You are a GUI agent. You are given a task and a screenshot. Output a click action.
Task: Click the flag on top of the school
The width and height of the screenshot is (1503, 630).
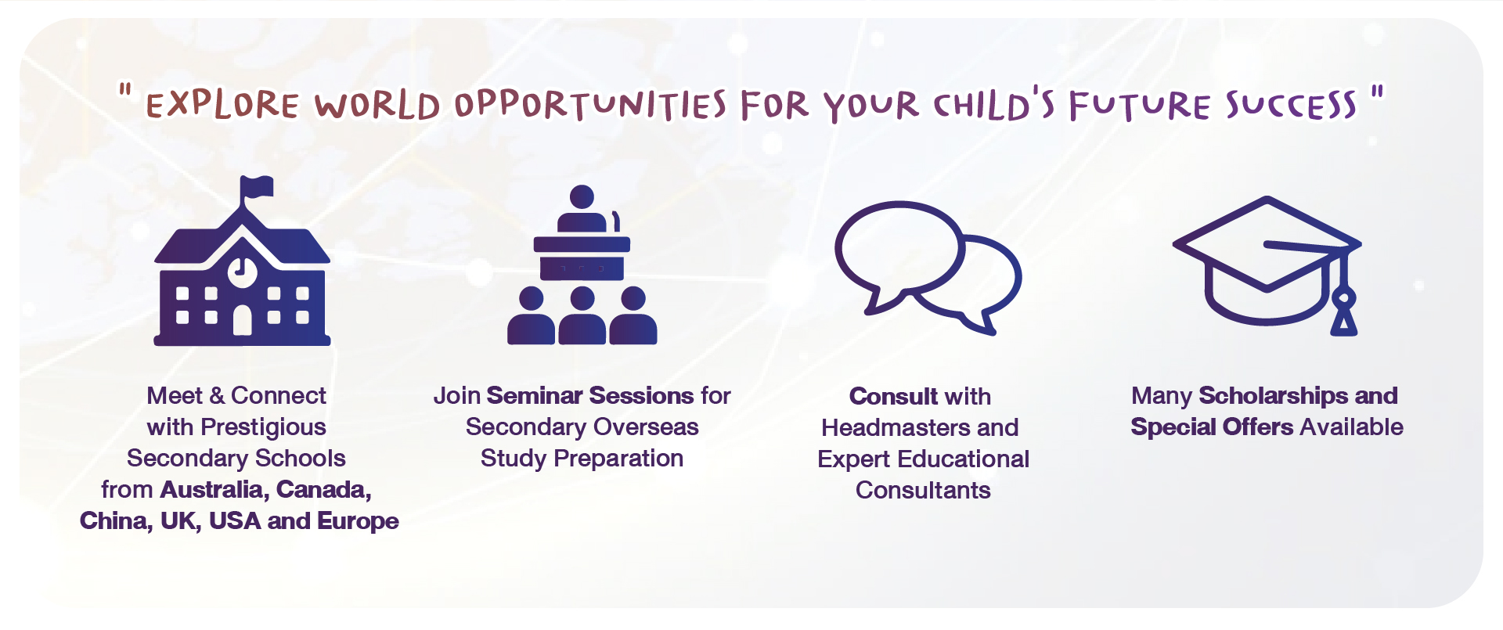pos(258,187)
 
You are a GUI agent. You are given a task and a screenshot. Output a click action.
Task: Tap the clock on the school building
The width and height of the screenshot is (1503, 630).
pos(243,271)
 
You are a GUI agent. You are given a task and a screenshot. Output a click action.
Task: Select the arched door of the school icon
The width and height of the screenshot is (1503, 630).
pos(243,320)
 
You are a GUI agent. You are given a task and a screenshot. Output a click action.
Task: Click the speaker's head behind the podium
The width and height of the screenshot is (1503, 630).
pos(582,196)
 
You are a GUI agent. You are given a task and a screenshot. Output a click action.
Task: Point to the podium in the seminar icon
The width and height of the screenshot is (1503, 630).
pos(582,257)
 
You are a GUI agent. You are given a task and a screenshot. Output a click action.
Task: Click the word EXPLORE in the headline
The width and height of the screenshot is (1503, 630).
pos(222,105)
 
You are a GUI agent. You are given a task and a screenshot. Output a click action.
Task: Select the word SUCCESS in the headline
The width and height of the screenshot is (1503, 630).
pos(1291,105)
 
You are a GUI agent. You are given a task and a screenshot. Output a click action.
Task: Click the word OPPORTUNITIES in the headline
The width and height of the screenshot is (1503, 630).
pos(591,105)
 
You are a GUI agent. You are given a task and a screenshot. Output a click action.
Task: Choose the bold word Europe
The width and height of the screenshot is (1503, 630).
pos(358,522)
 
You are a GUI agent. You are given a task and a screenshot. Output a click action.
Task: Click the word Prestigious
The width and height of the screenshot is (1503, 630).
pos(263,427)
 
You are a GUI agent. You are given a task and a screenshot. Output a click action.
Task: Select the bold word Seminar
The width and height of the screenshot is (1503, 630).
pos(535,396)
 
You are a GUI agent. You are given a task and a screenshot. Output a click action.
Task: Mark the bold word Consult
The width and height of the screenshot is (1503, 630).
pos(893,397)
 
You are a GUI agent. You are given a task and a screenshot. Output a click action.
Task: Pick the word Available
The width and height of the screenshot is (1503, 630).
pos(1351,427)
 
